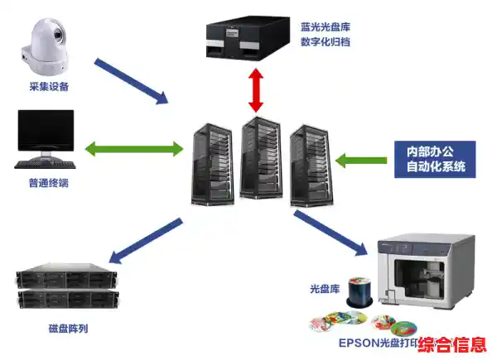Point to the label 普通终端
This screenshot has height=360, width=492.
click(46, 183)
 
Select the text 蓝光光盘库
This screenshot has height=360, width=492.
click(326, 26)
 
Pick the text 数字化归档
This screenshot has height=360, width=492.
click(326, 41)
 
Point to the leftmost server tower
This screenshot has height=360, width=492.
click(210, 163)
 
